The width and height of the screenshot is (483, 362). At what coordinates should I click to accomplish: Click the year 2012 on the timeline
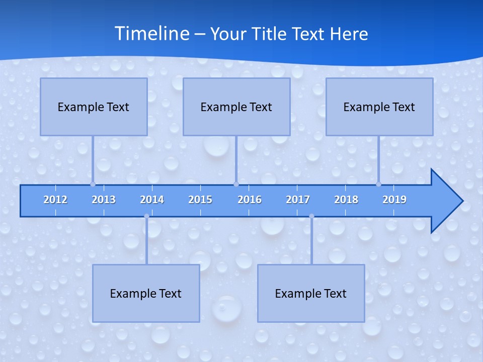click(55, 200)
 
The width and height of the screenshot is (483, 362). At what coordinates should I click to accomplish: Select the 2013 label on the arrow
click(104, 200)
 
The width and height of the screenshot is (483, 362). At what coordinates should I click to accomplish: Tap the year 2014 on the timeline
click(152, 200)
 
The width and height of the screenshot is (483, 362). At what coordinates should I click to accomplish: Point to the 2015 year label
click(200, 200)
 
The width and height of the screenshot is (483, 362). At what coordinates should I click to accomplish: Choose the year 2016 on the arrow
click(250, 200)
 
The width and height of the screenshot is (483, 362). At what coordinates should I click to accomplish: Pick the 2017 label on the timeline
click(298, 200)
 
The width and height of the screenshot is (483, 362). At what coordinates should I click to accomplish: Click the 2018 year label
click(346, 200)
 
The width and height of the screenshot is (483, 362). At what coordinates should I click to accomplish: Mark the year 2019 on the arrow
click(394, 200)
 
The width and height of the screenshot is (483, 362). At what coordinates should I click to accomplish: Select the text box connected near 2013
click(94, 107)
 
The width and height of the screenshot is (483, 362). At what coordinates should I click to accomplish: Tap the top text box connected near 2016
click(236, 107)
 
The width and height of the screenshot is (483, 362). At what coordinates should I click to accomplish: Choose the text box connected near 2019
click(379, 107)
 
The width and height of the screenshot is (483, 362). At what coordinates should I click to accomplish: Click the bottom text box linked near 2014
click(146, 293)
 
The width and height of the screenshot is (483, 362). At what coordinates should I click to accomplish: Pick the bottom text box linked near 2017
click(311, 293)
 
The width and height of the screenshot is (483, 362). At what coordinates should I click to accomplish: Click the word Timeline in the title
click(152, 34)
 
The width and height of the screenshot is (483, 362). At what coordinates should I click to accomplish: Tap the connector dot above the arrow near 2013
click(93, 184)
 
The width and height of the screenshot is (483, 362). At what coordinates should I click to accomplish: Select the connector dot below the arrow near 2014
click(146, 216)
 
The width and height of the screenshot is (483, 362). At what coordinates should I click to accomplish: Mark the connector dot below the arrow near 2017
click(311, 216)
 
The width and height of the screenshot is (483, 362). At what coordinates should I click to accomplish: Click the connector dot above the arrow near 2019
click(379, 184)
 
